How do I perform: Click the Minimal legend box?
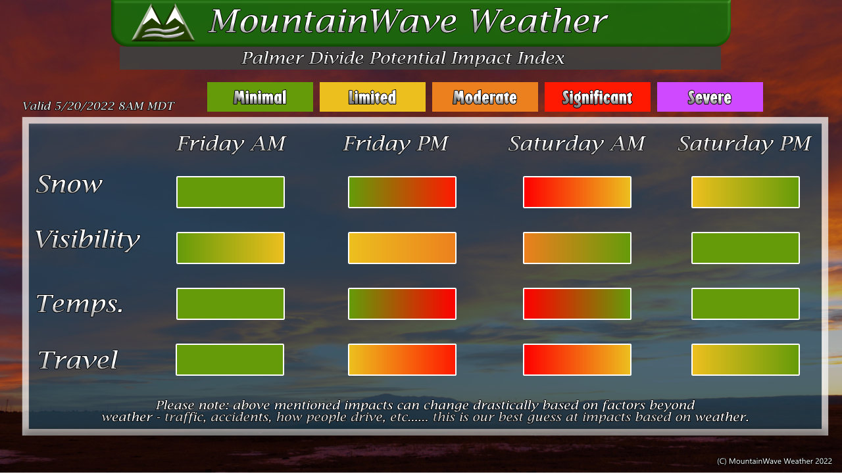260,97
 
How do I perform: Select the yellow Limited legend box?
372,97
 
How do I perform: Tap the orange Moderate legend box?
485,97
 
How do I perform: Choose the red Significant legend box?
597,97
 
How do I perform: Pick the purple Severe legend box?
710,97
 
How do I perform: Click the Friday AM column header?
231,143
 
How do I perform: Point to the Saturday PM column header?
744,144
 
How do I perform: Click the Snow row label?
69,184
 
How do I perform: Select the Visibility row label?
87,240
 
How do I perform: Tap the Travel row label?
78,359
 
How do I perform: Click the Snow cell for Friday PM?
402,192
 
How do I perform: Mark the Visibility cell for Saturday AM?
577,248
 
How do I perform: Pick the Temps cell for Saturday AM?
577,304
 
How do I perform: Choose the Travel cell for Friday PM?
402,359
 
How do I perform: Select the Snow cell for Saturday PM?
745,192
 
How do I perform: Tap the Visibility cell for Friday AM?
230,248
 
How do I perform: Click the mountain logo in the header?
163,22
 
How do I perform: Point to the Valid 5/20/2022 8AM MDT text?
99,106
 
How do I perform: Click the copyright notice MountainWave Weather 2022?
774,461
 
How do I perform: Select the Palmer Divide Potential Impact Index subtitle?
403,58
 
